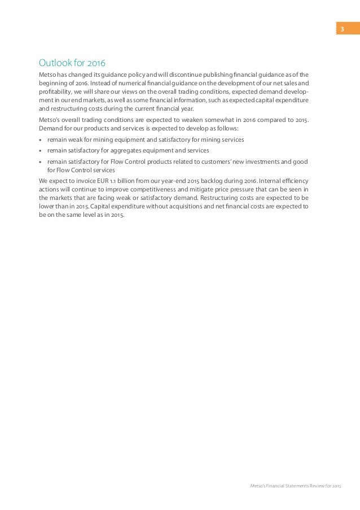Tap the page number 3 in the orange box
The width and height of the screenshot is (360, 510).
pyautogui.click(x=341, y=28)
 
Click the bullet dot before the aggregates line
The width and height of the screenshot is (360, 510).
pyautogui.click(x=40, y=151)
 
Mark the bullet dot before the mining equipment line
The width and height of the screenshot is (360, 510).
pyautogui.click(x=40, y=140)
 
